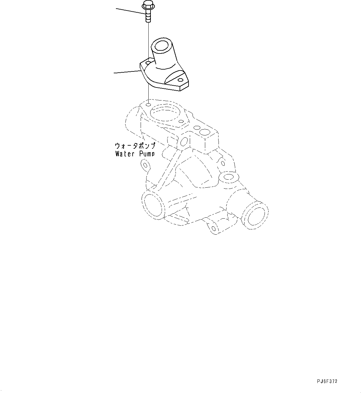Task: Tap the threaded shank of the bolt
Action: (148, 16)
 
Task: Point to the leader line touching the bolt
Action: (130, 11)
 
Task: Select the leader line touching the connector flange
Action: (127, 72)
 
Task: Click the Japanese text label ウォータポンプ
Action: (135, 146)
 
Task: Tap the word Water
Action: (125, 154)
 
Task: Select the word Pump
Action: (146, 154)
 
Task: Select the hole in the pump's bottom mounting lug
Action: (213, 229)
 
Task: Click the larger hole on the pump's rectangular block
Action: (205, 132)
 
